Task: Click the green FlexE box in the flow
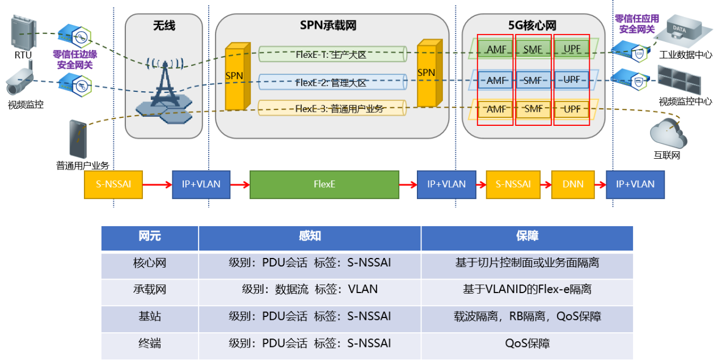324,184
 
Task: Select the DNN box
573,184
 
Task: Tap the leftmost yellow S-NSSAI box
113,184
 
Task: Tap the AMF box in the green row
496,49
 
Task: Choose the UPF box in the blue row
572,80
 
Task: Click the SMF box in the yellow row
533,109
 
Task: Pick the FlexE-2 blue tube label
331,83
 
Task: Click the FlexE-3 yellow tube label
331,108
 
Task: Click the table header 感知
310,236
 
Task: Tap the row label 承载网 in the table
150,290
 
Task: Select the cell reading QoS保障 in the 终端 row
527,344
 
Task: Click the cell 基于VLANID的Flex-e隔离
527,290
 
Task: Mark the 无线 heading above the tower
164,26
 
